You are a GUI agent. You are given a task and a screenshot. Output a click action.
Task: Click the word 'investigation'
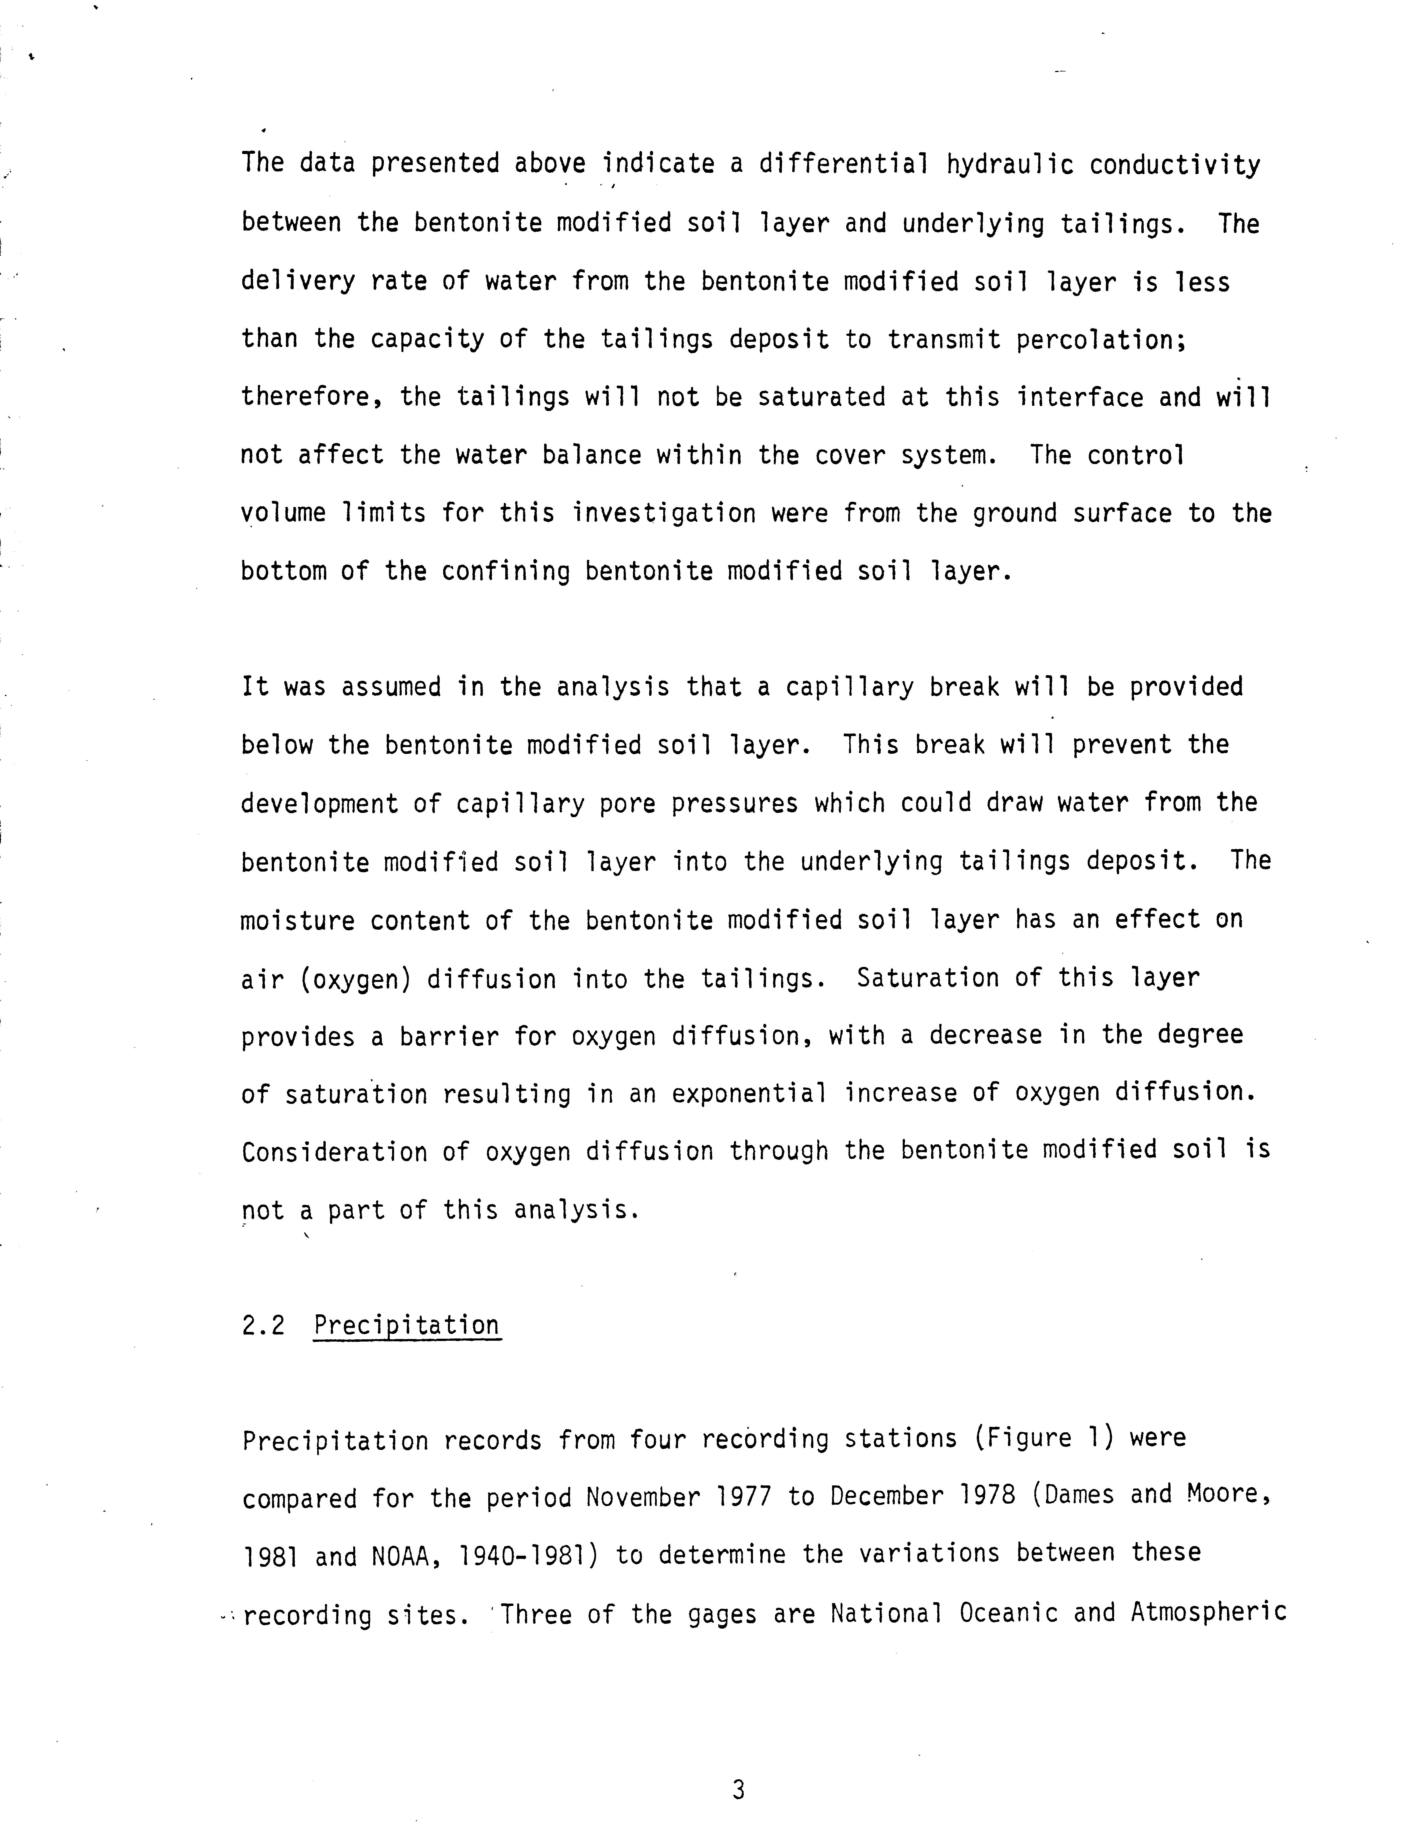664,513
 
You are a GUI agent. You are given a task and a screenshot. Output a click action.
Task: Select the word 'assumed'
391,687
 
